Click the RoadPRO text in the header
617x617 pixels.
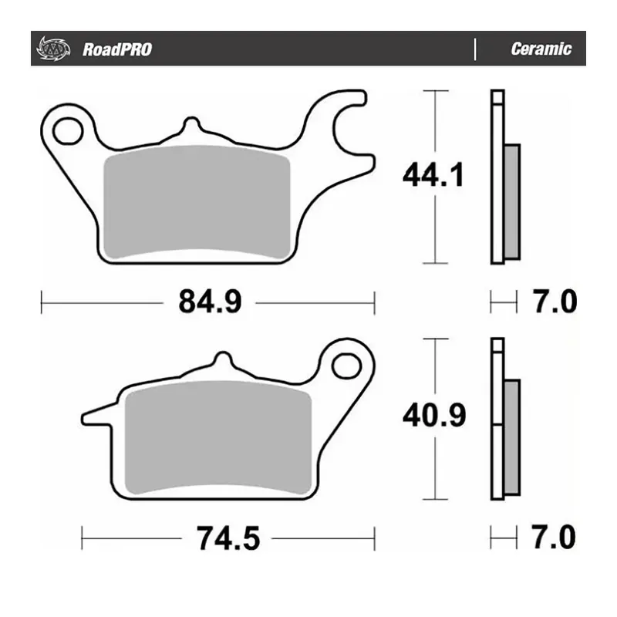pyautogui.click(x=117, y=49)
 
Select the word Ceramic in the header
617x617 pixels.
pyautogui.click(x=541, y=49)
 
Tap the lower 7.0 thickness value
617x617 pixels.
pyautogui.click(x=553, y=536)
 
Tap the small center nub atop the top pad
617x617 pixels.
pyautogui.click(x=190, y=126)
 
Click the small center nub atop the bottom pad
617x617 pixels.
pyautogui.click(x=222, y=362)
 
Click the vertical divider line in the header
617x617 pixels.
pyautogui.click(x=474, y=49)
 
